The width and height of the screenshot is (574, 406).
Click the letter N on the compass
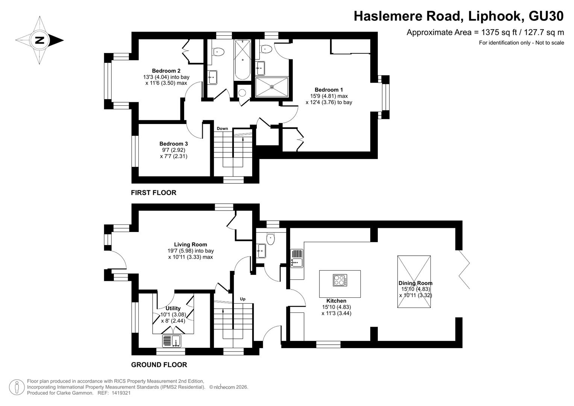pos(40,40)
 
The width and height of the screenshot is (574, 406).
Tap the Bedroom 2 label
pos(166,71)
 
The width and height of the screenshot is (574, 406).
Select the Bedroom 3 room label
pos(174,144)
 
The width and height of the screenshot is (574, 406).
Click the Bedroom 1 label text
pos(329,90)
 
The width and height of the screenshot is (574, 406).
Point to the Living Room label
pos(191,244)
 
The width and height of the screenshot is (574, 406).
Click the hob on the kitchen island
pos(340,280)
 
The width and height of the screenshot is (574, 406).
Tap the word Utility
pos(173,308)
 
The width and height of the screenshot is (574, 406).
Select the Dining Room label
pos(415,283)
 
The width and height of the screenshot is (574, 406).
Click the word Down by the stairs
pos(222,129)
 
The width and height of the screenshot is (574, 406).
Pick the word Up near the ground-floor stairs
pos(243,299)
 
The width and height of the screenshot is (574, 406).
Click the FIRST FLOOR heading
pos(153,193)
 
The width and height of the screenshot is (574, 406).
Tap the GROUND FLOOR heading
pos(159,365)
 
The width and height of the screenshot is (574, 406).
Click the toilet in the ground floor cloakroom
pos(270,239)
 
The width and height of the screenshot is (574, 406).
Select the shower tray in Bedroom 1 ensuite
pos(272,87)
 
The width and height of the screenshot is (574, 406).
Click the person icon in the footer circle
pos(17,387)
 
